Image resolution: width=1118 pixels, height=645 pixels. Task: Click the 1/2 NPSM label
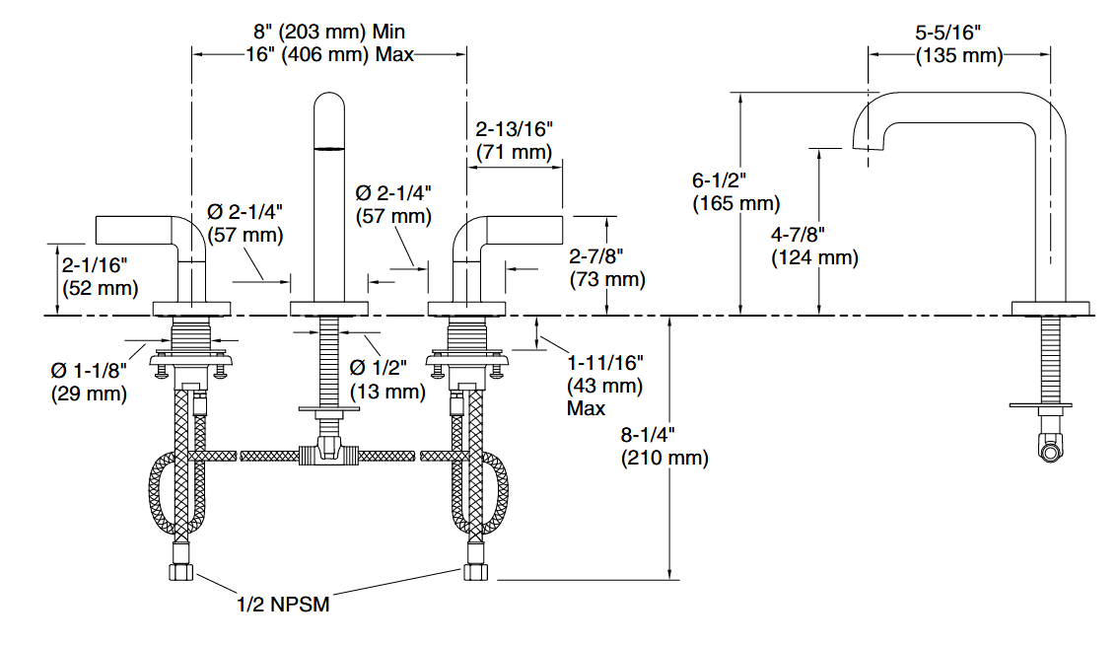pos(283,605)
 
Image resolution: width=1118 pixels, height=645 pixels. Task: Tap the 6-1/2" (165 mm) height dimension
pos(735,192)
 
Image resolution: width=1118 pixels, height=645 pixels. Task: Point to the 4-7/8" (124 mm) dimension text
pos(814,247)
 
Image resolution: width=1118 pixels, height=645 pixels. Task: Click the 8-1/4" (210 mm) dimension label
pos(664,446)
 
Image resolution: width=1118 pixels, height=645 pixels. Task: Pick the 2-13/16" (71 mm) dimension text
pos(514,141)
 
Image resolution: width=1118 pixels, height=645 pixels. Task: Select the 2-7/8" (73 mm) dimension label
pos(607,267)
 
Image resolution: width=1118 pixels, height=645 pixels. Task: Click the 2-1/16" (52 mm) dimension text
pos(100,276)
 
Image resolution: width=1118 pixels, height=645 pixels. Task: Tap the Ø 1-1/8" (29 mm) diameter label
pos(89,382)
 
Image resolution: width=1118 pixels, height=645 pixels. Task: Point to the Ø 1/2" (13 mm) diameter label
pos(387,379)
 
